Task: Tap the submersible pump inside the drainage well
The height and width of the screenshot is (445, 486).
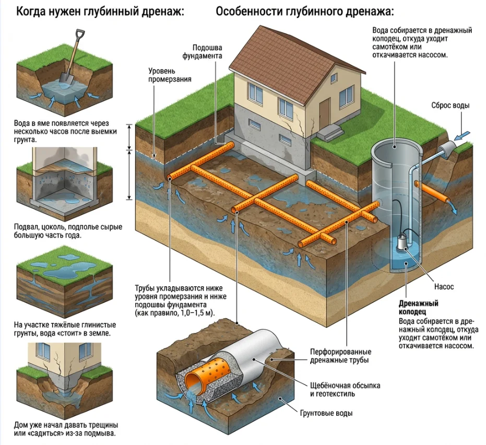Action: pos(402,243)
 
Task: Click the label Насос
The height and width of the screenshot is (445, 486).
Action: pos(444,287)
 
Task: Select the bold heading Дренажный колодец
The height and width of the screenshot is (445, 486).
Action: pos(418,308)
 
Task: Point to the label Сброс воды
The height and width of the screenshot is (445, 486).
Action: pos(450,106)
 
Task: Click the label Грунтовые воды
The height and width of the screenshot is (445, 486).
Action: pos(326,413)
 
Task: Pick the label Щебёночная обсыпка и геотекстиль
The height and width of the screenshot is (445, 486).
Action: pos(345,389)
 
